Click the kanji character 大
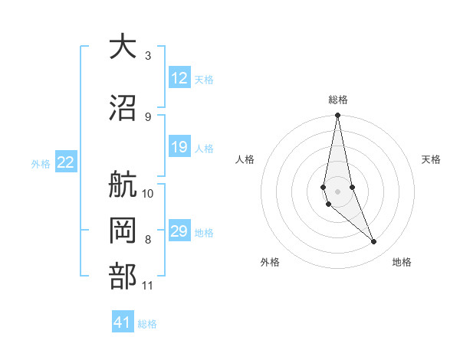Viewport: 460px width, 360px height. pyautogui.click(x=122, y=47)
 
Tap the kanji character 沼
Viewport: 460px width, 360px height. pyautogui.click(x=122, y=109)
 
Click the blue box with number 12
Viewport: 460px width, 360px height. pyautogui.click(x=179, y=78)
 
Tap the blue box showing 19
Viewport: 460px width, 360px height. pyautogui.click(x=179, y=148)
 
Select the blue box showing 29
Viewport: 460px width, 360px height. pyautogui.click(x=179, y=232)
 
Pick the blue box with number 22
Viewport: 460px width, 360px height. pyautogui.click(x=66, y=162)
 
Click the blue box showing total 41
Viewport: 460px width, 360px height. pyautogui.click(x=123, y=322)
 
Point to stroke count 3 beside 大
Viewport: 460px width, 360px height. pyautogui.click(x=147, y=55)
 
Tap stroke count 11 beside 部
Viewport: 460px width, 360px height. pyautogui.click(x=148, y=286)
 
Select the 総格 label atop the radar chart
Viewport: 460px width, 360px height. pyautogui.click(x=337, y=100)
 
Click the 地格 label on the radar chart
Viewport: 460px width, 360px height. pyautogui.click(x=402, y=262)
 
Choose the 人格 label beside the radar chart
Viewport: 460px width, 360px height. pyautogui.click(x=245, y=159)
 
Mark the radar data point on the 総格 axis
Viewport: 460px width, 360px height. pyautogui.click(x=337, y=116)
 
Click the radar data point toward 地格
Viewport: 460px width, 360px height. pyautogui.click(x=374, y=242)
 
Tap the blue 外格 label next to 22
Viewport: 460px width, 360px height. pyautogui.click(x=41, y=163)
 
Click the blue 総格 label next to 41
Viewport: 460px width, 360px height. pyautogui.click(x=147, y=324)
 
